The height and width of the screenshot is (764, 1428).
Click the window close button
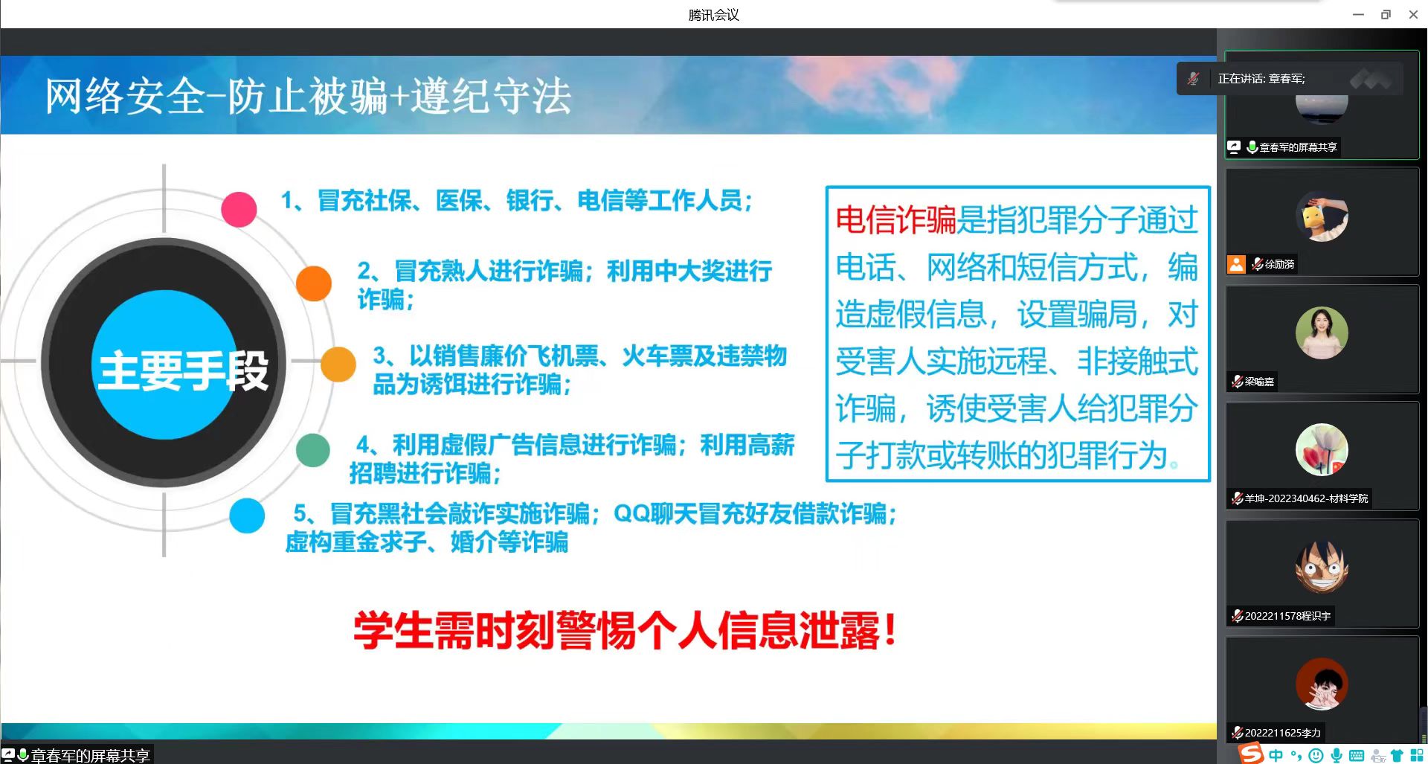[1413, 15]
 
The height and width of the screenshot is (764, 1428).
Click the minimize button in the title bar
[1358, 15]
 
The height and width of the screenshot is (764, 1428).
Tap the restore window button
[1386, 15]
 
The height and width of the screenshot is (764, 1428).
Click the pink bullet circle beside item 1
[239, 209]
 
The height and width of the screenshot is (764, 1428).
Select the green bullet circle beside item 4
[313, 450]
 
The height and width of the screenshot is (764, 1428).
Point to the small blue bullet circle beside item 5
[247, 516]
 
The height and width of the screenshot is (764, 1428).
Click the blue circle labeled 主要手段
[165, 365]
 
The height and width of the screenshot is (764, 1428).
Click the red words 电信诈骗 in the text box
[895, 220]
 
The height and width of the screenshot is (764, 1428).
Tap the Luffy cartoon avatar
[1322, 567]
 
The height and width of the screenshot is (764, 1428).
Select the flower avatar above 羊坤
[1322, 450]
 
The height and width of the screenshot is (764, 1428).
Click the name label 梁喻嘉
[1259, 382]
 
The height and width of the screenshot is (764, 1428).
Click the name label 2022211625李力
[1283, 733]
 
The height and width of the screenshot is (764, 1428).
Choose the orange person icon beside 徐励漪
[1236, 264]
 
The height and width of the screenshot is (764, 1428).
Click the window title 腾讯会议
[713, 15]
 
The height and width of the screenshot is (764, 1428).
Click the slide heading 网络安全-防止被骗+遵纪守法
[308, 97]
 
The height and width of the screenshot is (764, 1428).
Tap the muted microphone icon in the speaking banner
[1193, 79]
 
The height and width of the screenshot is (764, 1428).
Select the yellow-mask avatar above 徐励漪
[1322, 216]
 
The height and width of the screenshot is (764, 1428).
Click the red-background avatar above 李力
[1322, 684]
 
